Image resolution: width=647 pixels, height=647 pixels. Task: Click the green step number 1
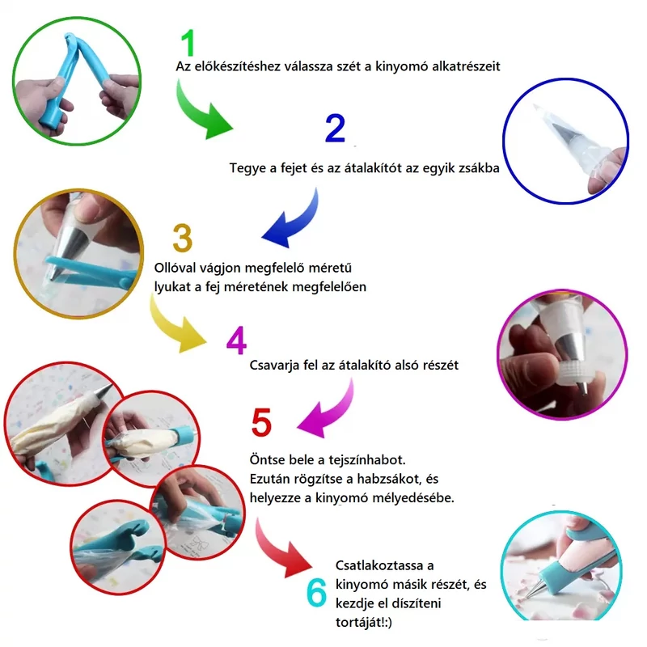point(188,44)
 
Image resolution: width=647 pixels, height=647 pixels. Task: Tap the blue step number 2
point(335,129)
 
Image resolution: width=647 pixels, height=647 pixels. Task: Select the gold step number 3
point(182,239)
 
